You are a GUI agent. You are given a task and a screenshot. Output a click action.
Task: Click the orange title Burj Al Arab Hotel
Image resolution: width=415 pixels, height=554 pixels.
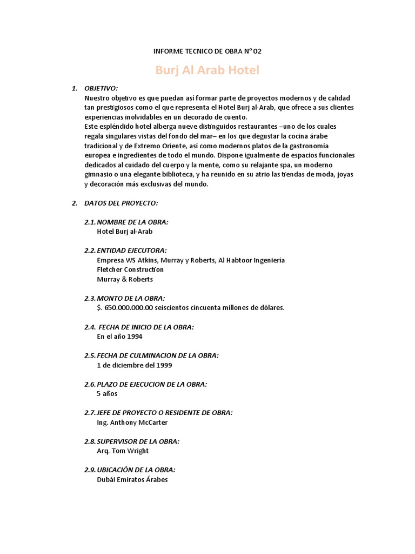point(207,70)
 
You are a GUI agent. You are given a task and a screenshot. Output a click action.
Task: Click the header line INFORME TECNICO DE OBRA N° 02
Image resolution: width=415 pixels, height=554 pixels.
point(207,51)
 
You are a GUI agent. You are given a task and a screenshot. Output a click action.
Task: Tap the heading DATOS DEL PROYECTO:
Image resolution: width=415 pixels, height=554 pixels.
point(121,203)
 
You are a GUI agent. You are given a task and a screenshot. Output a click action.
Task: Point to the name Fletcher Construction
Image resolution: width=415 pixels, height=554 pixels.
point(130,269)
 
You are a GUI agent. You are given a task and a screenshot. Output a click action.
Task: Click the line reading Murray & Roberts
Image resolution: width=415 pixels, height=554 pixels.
point(125,279)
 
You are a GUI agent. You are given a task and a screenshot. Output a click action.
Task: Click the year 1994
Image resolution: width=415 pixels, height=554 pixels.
point(136,336)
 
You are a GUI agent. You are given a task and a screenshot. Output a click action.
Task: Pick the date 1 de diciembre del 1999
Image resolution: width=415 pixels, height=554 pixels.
point(135,365)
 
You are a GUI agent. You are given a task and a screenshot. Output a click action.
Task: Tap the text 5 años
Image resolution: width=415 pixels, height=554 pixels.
point(107,393)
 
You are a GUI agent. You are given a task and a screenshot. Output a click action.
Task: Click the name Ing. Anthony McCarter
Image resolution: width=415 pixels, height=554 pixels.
point(132,422)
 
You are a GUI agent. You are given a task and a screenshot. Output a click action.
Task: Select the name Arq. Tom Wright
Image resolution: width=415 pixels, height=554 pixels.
point(123,451)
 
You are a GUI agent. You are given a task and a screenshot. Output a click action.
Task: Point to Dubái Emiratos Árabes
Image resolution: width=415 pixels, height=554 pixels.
point(132,479)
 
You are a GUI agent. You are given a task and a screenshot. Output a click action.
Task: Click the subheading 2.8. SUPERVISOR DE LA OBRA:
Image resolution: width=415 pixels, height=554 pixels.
point(132,441)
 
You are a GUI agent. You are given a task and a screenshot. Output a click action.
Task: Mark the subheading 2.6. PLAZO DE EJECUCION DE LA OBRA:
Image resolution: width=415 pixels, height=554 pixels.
point(146,384)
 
